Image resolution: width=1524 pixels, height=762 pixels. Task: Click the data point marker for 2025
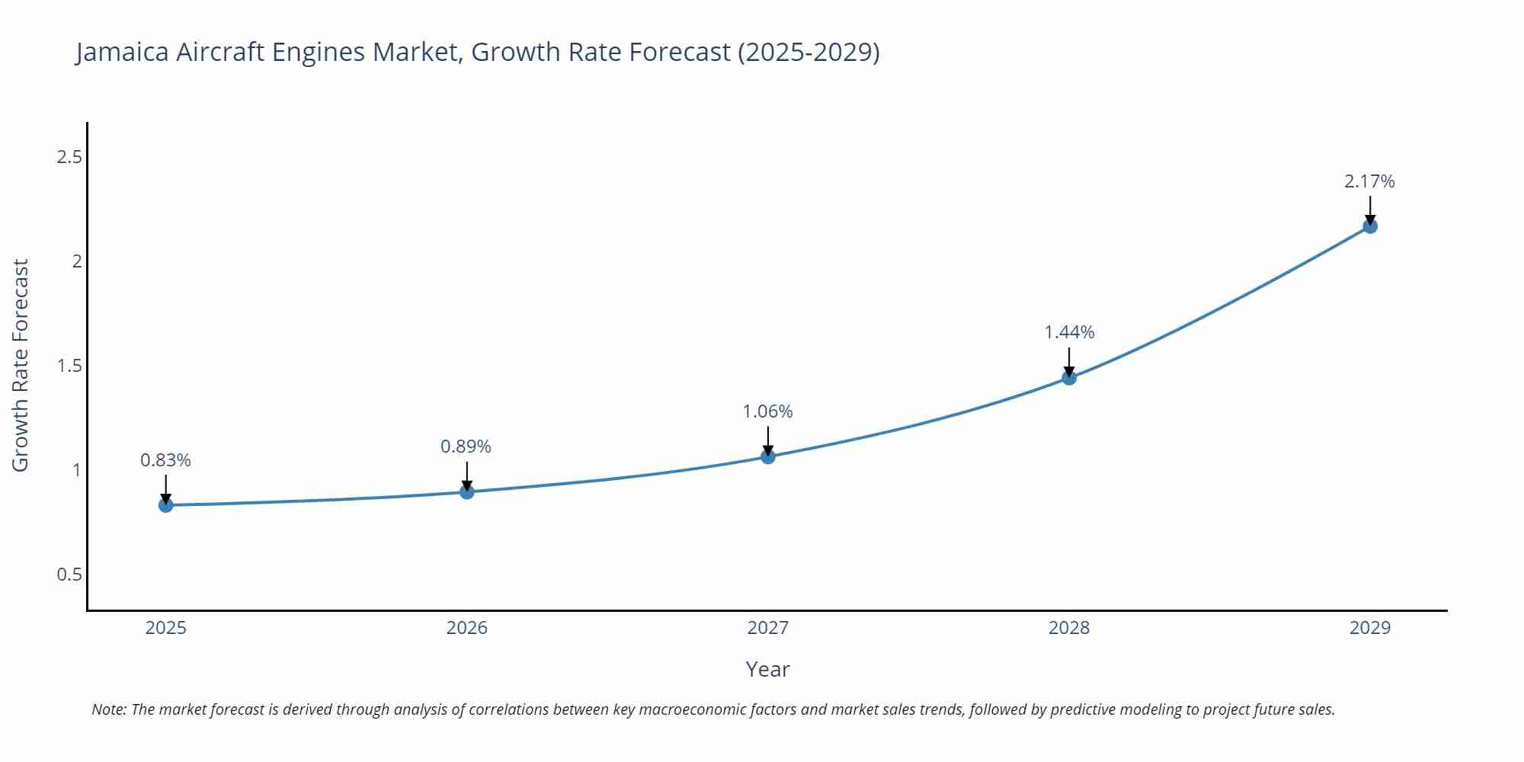(166, 505)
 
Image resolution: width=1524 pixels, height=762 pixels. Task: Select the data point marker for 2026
(467, 492)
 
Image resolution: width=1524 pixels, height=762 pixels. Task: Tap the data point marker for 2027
(768, 456)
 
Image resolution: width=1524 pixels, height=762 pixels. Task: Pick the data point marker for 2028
(1069, 377)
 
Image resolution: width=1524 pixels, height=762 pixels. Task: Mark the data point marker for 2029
(1370, 226)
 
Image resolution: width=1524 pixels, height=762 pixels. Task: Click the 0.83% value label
(166, 460)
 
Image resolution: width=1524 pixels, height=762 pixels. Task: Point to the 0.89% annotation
(466, 447)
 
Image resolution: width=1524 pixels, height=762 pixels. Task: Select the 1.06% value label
(768, 411)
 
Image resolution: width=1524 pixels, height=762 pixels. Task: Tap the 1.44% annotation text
(1069, 332)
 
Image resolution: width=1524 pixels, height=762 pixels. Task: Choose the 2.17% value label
(1369, 181)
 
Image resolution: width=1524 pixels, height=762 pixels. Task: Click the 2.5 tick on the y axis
(69, 157)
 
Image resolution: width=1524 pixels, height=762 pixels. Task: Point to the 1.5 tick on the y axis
(69, 366)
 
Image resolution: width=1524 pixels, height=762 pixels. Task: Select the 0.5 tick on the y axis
(69, 575)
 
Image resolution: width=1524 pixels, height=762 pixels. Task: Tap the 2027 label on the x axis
(768, 628)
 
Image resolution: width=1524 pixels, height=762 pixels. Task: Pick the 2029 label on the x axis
(1370, 628)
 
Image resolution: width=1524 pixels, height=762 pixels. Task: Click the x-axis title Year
(767, 669)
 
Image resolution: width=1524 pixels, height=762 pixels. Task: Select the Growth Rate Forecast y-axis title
(21, 366)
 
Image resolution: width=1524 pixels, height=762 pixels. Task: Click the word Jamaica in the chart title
(123, 52)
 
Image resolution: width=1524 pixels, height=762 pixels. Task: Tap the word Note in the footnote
(108, 709)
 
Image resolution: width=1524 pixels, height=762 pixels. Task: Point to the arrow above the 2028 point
(1069, 360)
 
